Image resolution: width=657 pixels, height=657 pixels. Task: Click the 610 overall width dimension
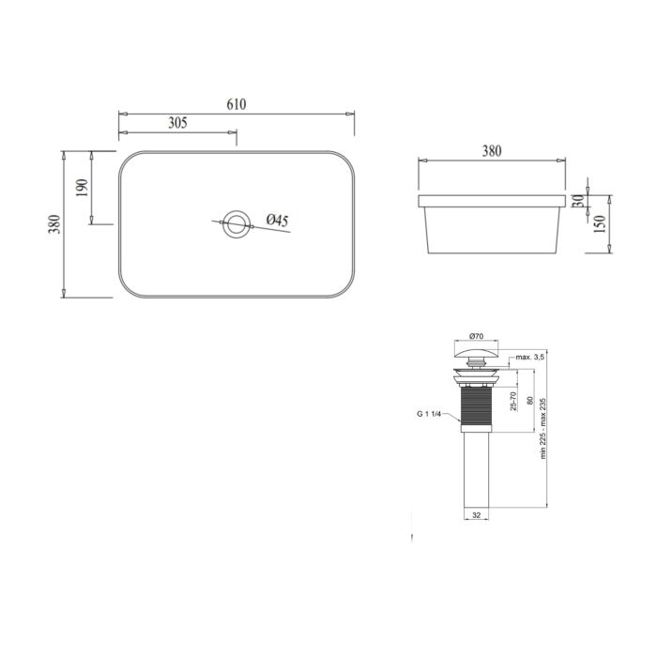click(236, 104)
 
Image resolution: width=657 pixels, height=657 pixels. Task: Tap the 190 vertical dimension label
click(80, 189)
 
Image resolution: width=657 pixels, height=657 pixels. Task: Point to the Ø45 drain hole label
click(277, 220)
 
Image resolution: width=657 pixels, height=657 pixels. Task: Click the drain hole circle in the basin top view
click(236, 224)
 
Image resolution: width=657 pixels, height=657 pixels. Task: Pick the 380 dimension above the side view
click(492, 150)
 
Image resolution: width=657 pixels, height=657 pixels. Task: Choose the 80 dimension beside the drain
click(529, 399)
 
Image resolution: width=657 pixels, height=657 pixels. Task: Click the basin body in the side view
click(492, 231)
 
